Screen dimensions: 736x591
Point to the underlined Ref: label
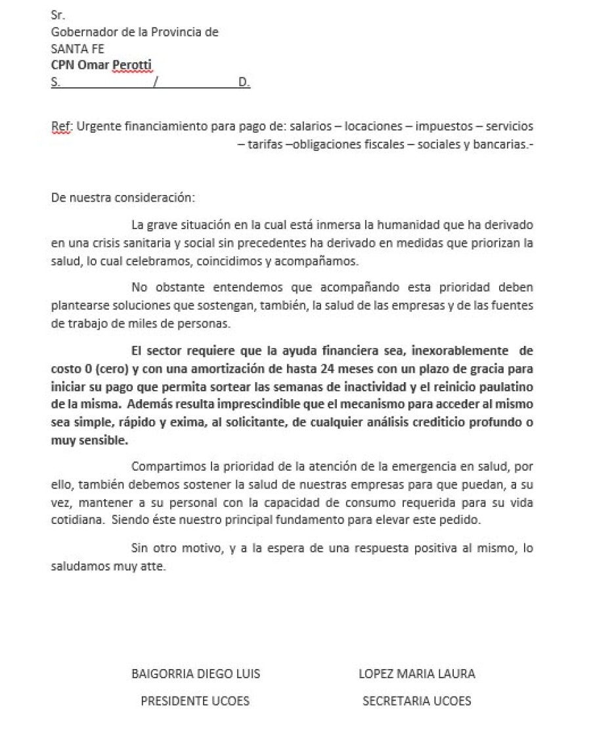[61, 126]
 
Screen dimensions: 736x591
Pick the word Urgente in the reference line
[96, 126]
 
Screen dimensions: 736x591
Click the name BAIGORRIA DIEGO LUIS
[196, 674]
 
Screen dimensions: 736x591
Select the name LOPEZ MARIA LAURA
[416, 674]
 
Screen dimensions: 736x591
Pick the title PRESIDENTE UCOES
[196, 701]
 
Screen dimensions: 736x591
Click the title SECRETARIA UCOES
[416, 701]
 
